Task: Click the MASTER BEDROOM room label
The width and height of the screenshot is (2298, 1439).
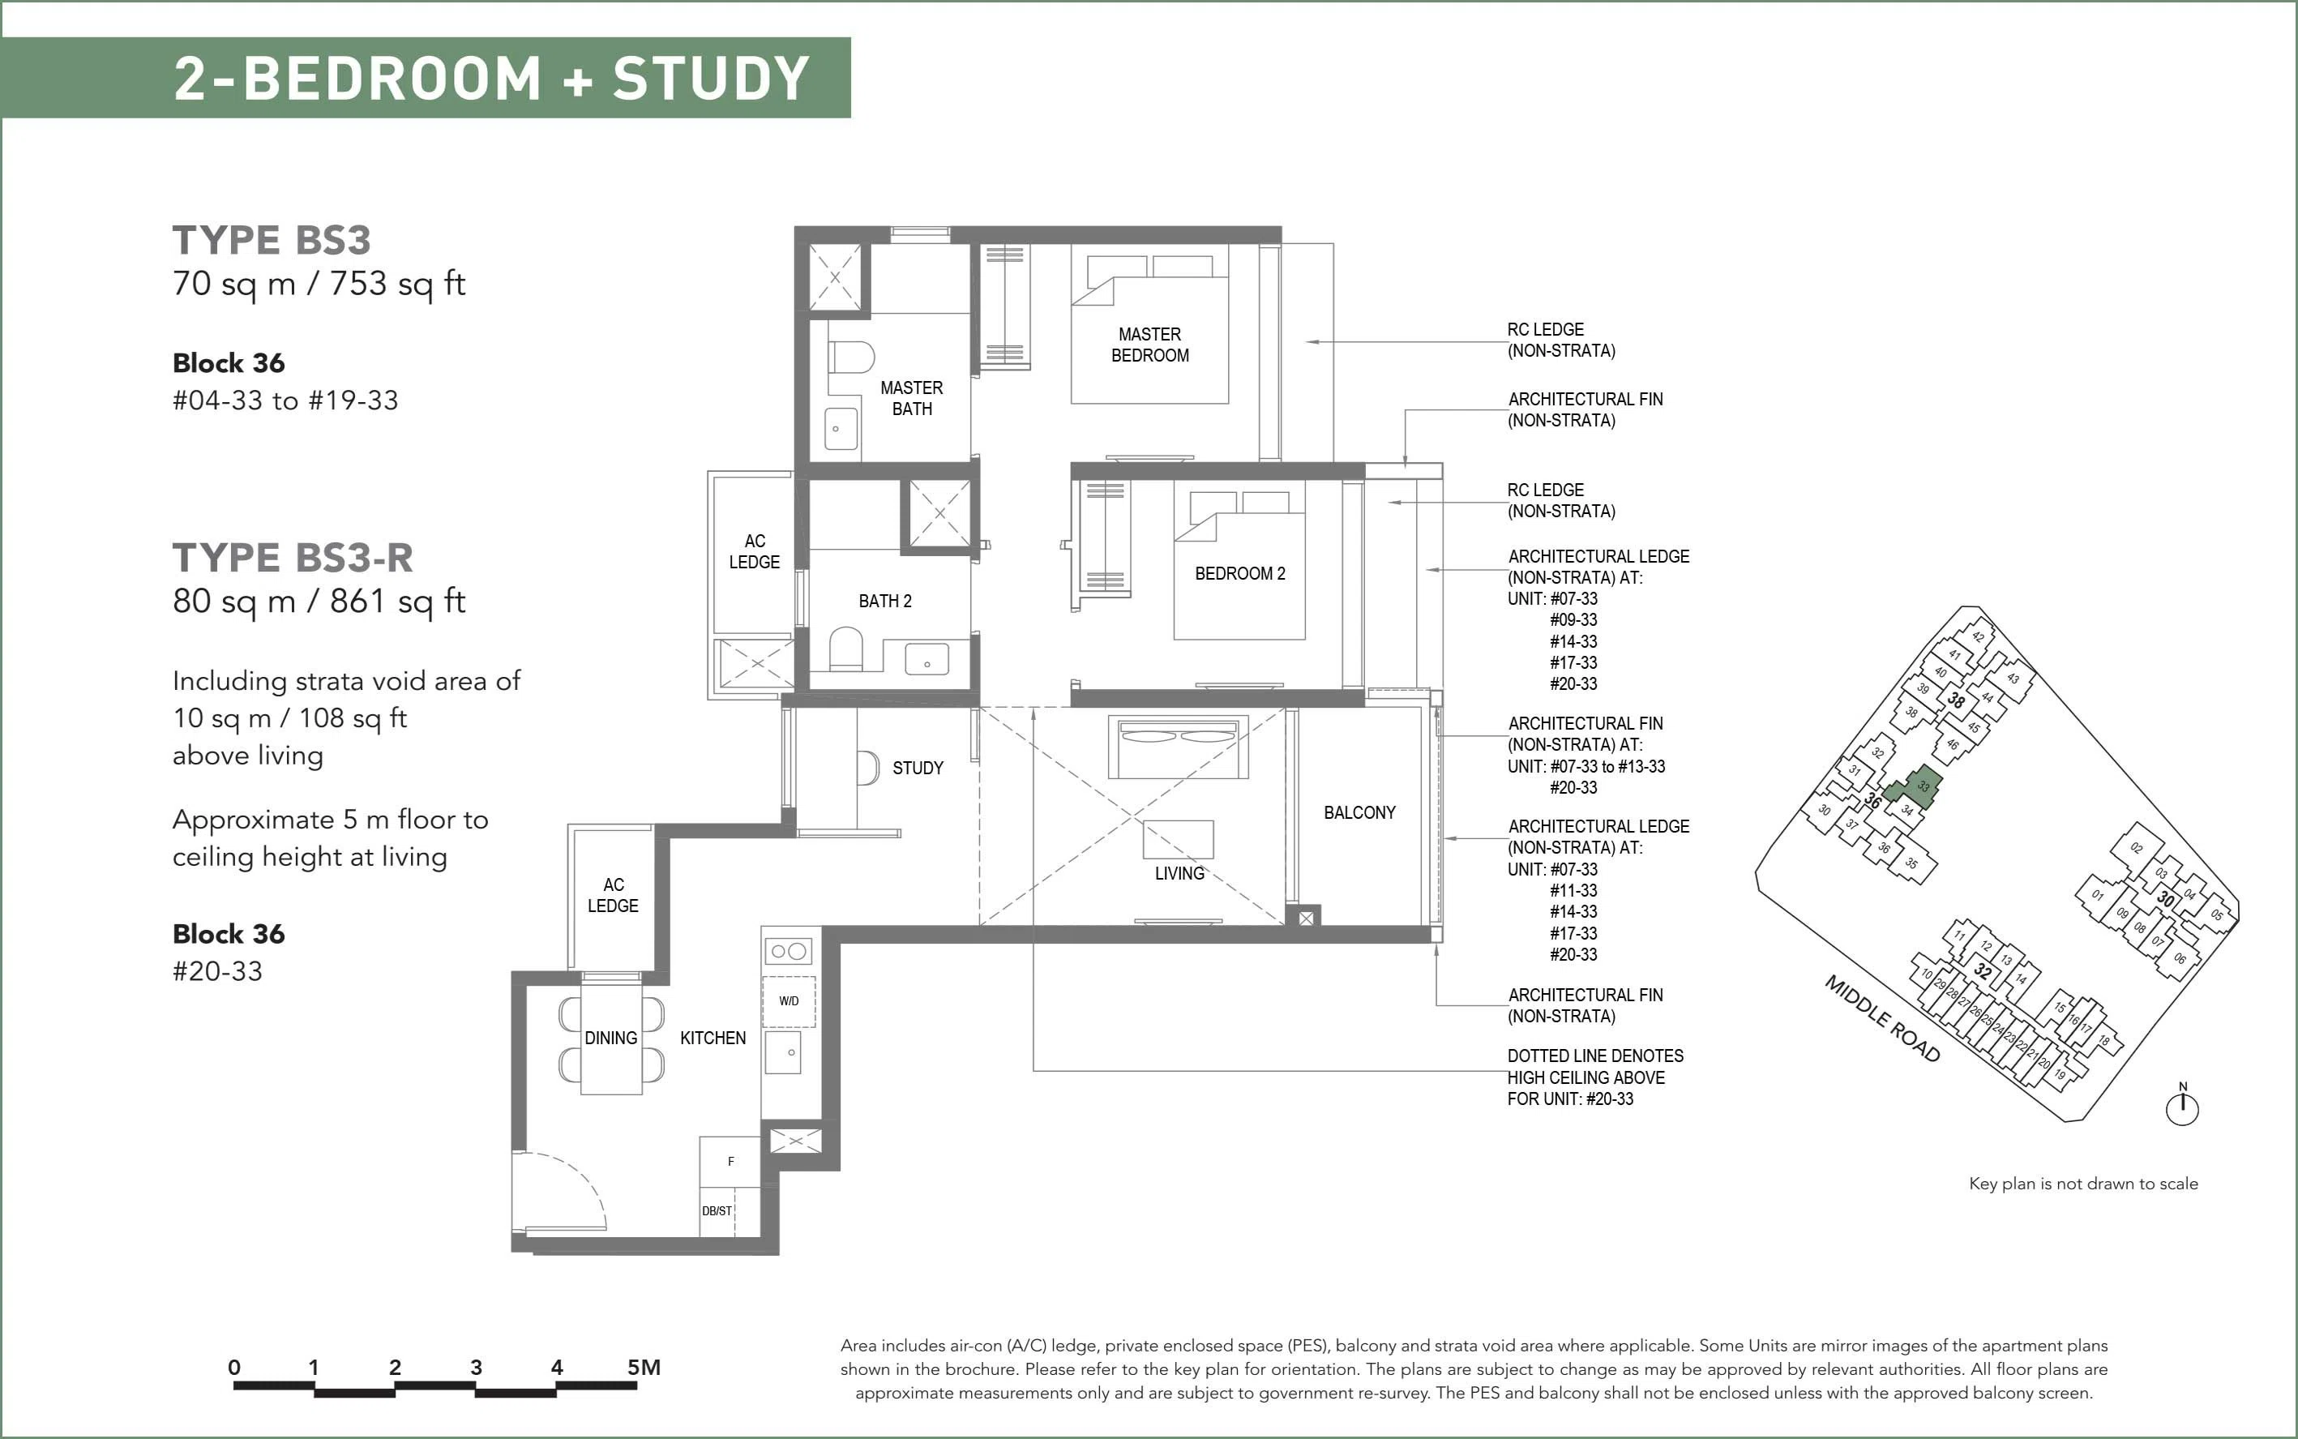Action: [1149, 345]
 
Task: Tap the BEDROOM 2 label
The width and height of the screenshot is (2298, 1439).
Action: [1240, 574]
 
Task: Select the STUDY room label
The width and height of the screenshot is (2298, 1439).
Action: [918, 768]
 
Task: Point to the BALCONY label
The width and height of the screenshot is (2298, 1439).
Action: [1359, 813]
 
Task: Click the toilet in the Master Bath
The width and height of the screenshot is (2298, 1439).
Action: [850, 357]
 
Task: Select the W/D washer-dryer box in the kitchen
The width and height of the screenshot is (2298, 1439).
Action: [789, 1001]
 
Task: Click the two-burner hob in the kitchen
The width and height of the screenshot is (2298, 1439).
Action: [789, 951]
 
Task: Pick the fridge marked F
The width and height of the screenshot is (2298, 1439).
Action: [730, 1161]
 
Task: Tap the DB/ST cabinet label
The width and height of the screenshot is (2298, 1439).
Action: [717, 1211]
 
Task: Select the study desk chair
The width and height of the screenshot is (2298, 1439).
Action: [867, 768]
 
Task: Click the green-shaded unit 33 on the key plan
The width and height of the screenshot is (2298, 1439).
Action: [1914, 788]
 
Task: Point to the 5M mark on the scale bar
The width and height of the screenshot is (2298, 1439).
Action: [644, 1368]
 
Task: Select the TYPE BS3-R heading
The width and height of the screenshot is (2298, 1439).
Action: [293, 558]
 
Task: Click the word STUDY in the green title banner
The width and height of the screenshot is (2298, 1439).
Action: [711, 78]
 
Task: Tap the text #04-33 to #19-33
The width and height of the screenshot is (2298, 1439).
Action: [285, 400]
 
